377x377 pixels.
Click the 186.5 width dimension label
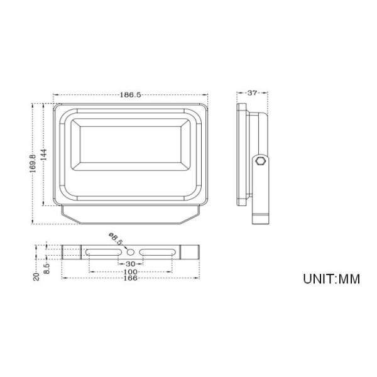coord(130,94)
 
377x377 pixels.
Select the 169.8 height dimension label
coord(33,165)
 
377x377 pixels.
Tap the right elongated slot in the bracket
coord(158,251)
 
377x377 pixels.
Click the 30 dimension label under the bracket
coord(131,263)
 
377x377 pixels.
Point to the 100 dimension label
coord(131,271)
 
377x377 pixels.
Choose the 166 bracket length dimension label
coord(131,278)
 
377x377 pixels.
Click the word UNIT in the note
coord(319,278)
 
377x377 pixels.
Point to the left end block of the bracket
coord(71,251)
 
